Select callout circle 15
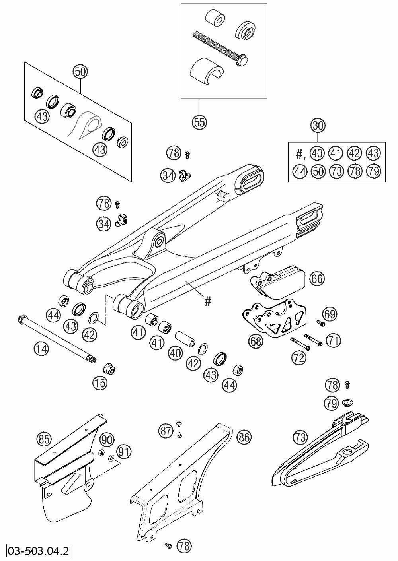[x=100, y=383]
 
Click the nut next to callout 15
[x=109, y=369]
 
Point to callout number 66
[x=317, y=278]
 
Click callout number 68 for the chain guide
[x=256, y=341]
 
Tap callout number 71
[x=334, y=340]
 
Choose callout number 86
[x=244, y=437]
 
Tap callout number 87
[x=166, y=430]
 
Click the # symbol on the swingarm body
[x=207, y=302]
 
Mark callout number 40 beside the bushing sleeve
[x=175, y=352]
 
